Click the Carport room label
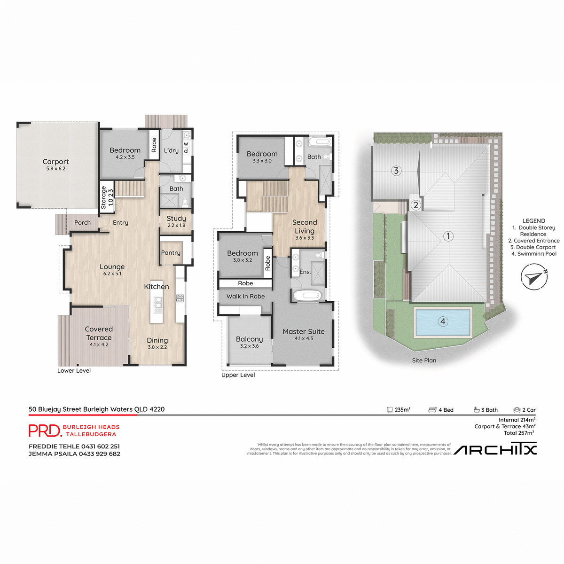click(55, 162)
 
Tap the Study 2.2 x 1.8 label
click(176, 221)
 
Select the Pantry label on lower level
click(171, 253)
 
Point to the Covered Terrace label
click(99, 333)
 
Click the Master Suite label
click(304, 332)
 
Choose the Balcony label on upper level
click(249, 339)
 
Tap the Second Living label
click(305, 227)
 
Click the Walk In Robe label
click(245, 297)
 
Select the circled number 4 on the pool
click(442, 321)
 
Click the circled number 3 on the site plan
click(396, 171)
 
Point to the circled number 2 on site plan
click(415, 205)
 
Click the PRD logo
click(45, 431)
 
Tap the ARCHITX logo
click(495, 450)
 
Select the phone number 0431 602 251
click(100, 446)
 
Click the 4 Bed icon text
click(446, 410)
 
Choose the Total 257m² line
click(519, 433)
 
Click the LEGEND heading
click(534, 221)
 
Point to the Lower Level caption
click(74, 371)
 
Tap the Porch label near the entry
click(82, 223)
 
